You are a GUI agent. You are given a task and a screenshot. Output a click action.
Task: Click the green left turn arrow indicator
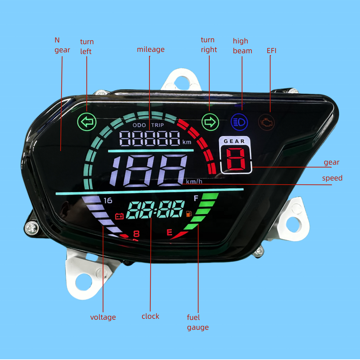[87, 122]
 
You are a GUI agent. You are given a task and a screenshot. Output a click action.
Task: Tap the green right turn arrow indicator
[210, 122]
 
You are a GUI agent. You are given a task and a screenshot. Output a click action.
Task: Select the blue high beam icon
[239, 122]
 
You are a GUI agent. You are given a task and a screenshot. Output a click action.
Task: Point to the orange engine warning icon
[266, 122]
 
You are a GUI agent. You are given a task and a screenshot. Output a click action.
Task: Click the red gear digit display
[236, 159]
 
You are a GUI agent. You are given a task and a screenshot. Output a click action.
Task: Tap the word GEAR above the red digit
[234, 141]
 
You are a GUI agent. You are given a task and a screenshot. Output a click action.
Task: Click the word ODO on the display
[139, 125]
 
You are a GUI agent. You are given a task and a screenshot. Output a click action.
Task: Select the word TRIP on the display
[157, 125]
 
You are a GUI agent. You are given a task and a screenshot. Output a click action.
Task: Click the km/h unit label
[194, 181]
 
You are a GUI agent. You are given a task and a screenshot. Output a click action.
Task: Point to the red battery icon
[119, 216]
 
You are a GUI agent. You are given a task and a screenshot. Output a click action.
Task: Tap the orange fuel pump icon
[189, 214]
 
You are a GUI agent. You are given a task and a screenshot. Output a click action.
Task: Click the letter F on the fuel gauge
[196, 198]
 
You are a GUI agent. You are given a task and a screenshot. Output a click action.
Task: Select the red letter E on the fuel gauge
[169, 232]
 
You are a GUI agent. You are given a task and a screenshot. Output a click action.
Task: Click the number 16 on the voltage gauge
[108, 201]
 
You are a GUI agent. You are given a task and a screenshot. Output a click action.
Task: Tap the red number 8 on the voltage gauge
[136, 234]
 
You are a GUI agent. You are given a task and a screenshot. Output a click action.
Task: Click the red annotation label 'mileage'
[151, 49]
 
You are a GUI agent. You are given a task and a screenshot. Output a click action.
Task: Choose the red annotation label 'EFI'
[271, 51]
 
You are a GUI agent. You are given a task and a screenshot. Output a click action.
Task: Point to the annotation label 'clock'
[150, 316]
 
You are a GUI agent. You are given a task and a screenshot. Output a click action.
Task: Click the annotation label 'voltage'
[103, 317]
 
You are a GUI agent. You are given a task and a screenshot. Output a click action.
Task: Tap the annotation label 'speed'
[332, 178]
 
